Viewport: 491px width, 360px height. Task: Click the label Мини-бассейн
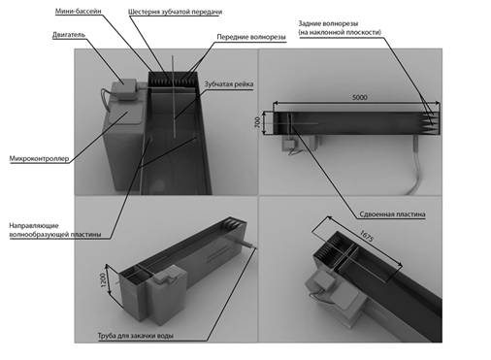[x=79, y=11]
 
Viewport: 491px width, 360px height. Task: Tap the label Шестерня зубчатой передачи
[x=175, y=12]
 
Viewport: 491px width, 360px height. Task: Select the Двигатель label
[x=69, y=35]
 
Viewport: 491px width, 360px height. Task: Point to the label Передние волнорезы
[x=251, y=37]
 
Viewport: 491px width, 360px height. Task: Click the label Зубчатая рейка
[x=229, y=84]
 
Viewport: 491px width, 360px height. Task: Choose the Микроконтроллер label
[x=39, y=158]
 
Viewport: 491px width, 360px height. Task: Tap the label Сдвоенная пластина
[x=392, y=214]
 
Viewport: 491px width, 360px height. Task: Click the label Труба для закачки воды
[x=136, y=336]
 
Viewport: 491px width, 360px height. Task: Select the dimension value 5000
[x=359, y=97]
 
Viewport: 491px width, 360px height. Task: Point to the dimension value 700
[x=257, y=122]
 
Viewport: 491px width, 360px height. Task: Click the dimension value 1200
[x=103, y=279]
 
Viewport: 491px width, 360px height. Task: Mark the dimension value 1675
[x=367, y=236]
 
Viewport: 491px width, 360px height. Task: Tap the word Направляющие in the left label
[x=34, y=225]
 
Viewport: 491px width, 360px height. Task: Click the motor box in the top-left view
[x=124, y=89]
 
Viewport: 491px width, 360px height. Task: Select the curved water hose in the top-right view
[x=413, y=168]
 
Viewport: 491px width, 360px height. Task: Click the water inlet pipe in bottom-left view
[x=247, y=244]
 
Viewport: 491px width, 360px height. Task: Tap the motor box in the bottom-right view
[x=321, y=280]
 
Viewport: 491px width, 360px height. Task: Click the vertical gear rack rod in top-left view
[x=174, y=97]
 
